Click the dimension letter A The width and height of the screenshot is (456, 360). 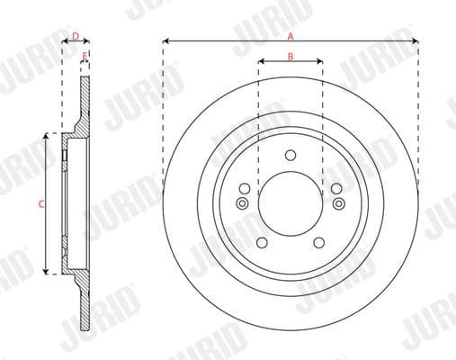tap(290, 35)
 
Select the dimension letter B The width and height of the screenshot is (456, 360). tap(290, 56)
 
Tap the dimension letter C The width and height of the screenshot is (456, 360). tap(40, 204)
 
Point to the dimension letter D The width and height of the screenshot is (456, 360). tap(76, 36)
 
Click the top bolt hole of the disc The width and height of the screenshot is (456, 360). tap(290, 155)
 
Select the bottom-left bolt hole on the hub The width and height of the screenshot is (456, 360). tap(261, 243)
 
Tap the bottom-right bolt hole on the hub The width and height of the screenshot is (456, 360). tap(318, 243)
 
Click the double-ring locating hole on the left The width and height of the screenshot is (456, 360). tap(242, 203)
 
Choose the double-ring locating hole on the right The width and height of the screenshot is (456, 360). tap(338, 203)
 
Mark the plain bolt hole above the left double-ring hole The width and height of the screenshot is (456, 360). tap(245, 188)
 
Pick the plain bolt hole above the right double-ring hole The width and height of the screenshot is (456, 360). tap(335, 188)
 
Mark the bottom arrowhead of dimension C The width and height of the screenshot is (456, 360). tap(47, 271)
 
